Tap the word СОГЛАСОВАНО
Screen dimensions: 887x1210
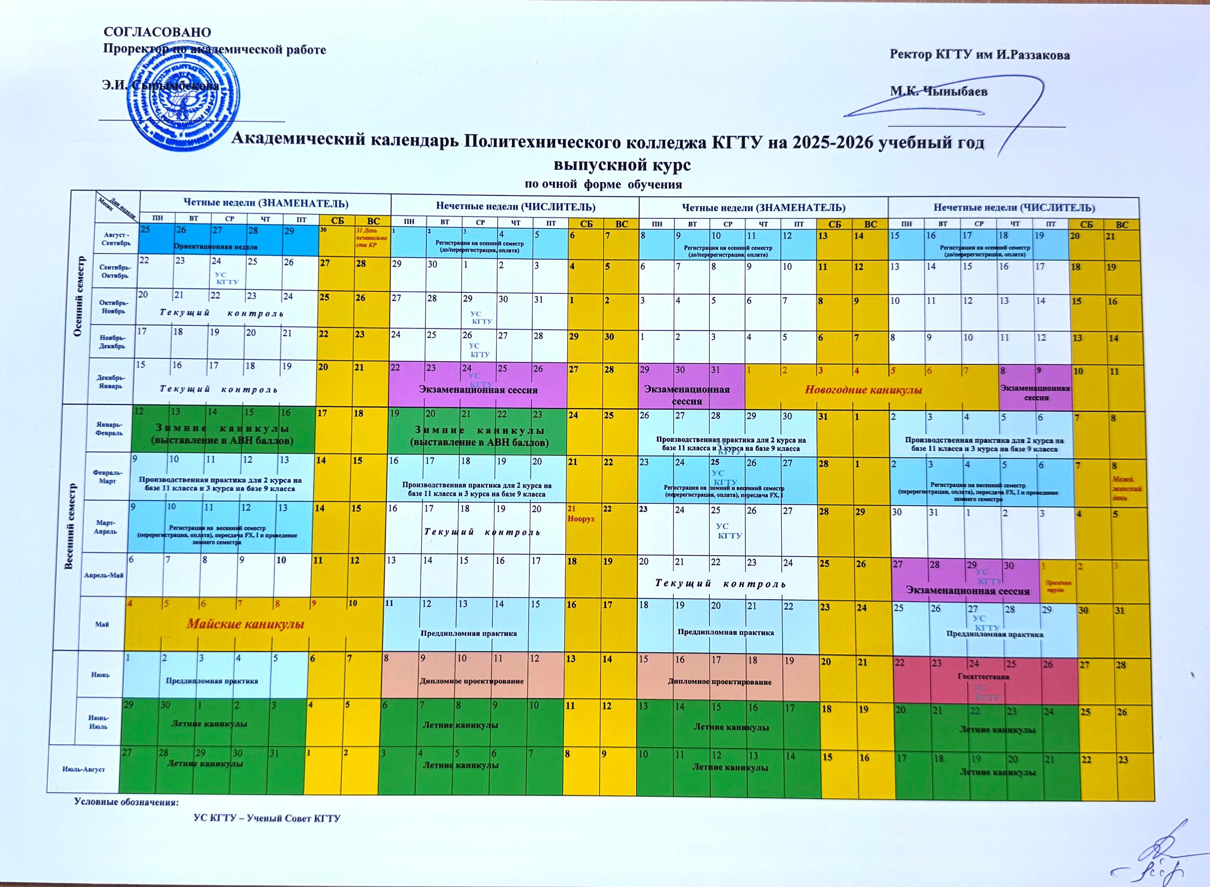tap(157, 32)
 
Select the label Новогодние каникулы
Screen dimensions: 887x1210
tap(863, 390)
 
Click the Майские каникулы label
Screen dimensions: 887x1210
tap(245, 624)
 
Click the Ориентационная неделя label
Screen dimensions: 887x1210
tap(216, 247)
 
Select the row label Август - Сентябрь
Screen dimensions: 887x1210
tap(115, 239)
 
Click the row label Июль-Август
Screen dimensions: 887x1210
tap(83, 769)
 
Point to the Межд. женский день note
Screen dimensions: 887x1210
tap(1127, 489)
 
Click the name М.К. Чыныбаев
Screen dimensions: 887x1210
tap(939, 91)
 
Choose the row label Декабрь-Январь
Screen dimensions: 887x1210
tap(111, 382)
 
